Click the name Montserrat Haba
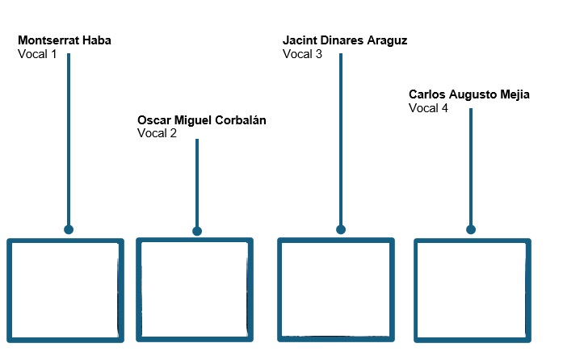pos(65,40)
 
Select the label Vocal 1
pos(37,54)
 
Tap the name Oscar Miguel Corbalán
pos(201,120)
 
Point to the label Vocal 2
pos(157,134)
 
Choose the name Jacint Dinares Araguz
pos(345,40)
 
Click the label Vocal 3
pos(302,54)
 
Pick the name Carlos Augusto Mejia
pos(469,94)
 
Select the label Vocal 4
pos(428,108)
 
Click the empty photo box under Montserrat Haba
pos(65,290)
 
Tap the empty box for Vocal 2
pos(195,290)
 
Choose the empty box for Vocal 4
pos(473,290)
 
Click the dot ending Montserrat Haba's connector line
pos(69,230)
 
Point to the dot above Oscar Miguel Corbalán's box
pos(197,232)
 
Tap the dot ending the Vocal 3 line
pos(341,230)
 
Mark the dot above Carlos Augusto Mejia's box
pos(471,230)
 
